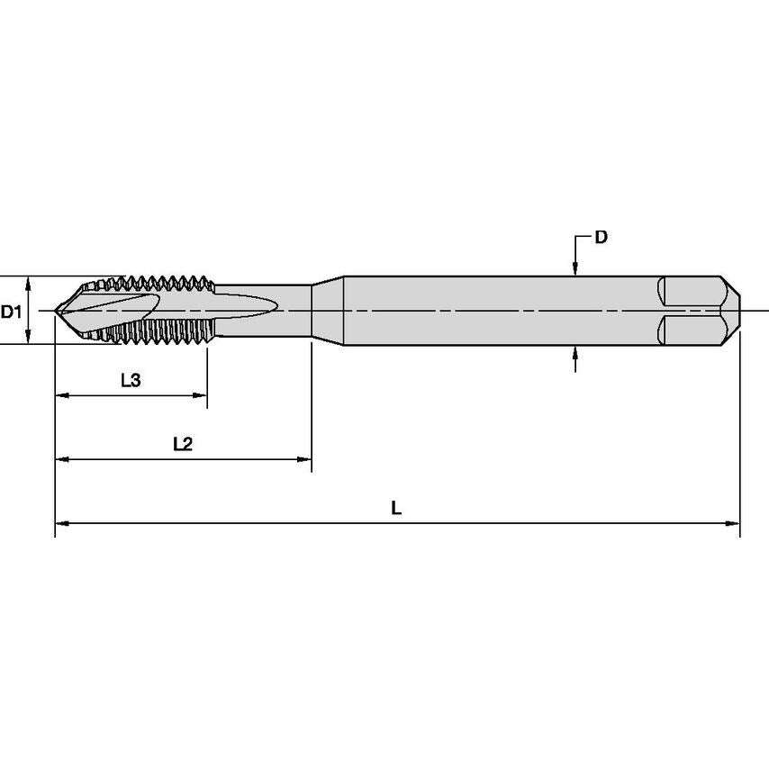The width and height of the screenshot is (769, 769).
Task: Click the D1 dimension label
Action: pos(11,312)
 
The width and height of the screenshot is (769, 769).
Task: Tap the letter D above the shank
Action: pos(601,238)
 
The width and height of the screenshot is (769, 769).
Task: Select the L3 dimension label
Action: pos(131,381)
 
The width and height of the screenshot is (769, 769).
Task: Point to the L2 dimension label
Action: pos(183,444)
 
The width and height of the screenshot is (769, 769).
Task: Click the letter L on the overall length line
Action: pos(396,507)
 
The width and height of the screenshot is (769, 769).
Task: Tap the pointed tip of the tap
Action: pos(58,311)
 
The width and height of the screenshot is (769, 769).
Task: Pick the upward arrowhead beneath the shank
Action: pos(575,355)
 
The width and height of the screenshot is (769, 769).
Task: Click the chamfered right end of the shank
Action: pos(731,311)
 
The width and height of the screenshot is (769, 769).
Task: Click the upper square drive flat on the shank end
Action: pos(689,293)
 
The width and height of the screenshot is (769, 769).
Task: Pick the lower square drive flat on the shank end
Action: pos(689,329)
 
